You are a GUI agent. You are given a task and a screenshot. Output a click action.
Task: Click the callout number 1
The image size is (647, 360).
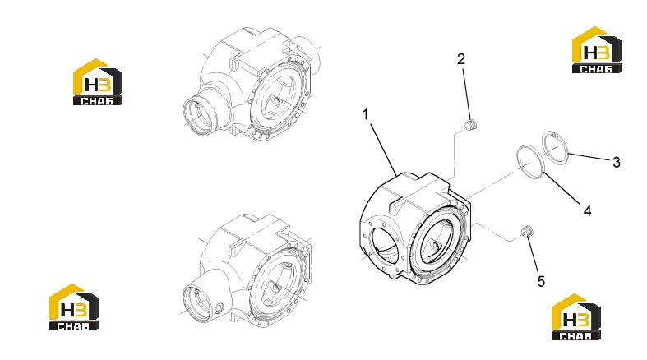pos(365,114)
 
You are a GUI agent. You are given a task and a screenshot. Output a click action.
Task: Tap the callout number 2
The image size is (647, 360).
pos(461,59)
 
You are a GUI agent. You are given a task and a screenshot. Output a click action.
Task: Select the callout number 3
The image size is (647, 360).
pos(616,162)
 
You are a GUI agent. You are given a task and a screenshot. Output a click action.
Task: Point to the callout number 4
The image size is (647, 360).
pos(587,211)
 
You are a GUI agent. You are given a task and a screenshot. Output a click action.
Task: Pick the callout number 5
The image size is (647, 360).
pos(541,282)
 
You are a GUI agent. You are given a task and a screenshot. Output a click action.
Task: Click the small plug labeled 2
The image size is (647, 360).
pos(471,125)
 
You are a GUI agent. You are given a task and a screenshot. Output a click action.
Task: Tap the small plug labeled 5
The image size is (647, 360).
pos(526,231)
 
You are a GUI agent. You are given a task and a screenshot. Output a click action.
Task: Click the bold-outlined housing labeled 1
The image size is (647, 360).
pos(414,228)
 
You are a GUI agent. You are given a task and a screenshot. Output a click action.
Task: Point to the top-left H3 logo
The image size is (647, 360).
pos(98,82)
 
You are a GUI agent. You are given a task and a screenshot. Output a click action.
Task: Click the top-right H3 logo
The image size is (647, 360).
pos(597,50)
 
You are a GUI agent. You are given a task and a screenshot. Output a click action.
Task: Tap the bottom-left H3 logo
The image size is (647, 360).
pos(74,307)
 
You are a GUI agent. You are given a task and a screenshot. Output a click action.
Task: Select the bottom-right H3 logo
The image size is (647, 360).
pos(576,317)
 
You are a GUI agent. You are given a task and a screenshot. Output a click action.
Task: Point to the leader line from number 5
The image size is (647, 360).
pos(532,255)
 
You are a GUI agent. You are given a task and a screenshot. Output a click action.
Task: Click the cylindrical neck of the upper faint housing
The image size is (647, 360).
pos(203,109)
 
